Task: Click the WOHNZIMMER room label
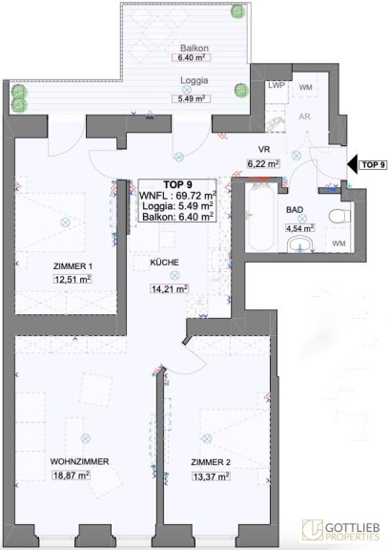[x=79, y=461]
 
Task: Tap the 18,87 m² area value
[x=72, y=476]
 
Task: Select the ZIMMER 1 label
[x=72, y=266]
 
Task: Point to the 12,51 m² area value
[x=72, y=279]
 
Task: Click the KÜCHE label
[x=164, y=262]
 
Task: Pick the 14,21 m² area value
[x=170, y=288]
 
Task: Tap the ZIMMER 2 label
[x=211, y=462]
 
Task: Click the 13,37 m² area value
[x=211, y=476]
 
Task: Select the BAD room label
[x=295, y=210]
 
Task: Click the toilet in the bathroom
[x=339, y=216]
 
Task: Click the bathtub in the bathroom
[x=259, y=217]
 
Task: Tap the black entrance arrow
[x=353, y=164]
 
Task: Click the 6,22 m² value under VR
[x=263, y=163]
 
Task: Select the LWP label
[x=276, y=85]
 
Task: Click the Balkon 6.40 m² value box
[x=192, y=57]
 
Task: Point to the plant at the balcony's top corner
[x=238, y=11]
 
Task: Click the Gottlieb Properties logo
[x=341, y=530]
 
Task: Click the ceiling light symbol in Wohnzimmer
[x=86, y=438]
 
